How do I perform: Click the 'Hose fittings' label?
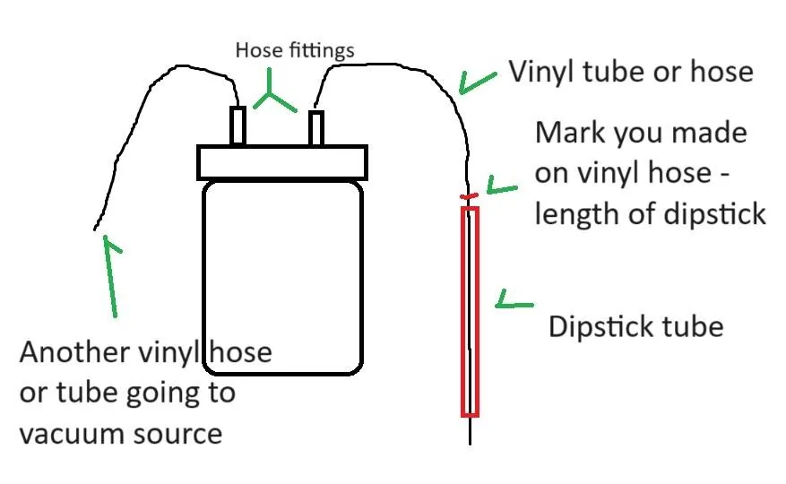[295, 51]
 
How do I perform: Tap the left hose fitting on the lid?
[238, 125]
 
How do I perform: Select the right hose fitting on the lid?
[315, 128]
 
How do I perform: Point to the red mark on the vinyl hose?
[469, 196]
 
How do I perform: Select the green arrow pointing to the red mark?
[501, 186]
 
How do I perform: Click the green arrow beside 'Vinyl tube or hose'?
[476, 82]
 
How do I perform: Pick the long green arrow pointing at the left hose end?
[111, 276]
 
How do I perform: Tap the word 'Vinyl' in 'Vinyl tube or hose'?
[540, 71]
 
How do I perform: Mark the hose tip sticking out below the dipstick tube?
[471, 431]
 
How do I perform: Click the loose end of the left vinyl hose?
[95, 229]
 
